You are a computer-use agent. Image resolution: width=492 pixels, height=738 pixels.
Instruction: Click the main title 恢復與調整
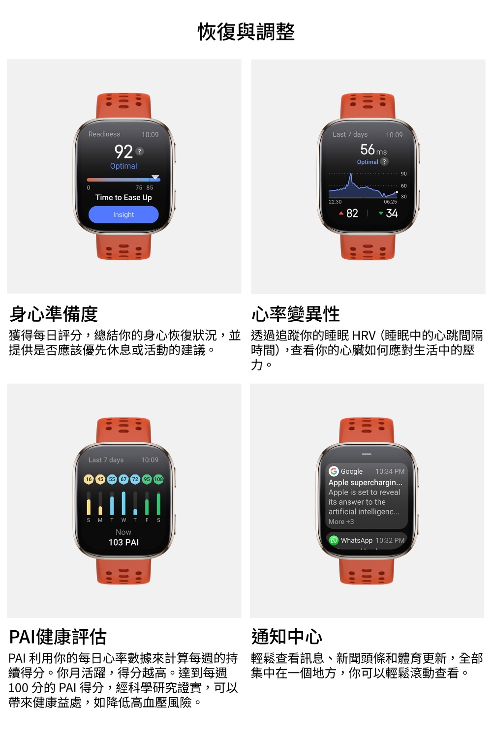pyautogui.click(x=246, y=32)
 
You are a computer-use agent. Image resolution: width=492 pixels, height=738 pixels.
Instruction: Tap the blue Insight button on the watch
pyautogui.click(x=123, y=215)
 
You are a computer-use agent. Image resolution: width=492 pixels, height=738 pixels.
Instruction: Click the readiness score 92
pyautogui.click(x=123, y=152)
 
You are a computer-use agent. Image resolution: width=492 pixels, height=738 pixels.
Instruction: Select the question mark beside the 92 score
pyautogui.click(x=140, y=152)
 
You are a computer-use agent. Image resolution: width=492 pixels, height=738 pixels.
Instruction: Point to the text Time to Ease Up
pyautogui.click(x=123, y=197)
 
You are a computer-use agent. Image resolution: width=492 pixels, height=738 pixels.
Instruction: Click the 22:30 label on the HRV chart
pyautogui.click(x=335, y=202)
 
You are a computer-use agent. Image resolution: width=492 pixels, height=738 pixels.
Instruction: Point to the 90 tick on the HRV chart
pyautogui.click(x=403, y=174)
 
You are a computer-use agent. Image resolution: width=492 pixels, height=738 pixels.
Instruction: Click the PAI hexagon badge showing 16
pyautogui.click(x=89, y=479)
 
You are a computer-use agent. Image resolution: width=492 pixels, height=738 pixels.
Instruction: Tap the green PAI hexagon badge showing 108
pyautogui.click(x=158, y=479)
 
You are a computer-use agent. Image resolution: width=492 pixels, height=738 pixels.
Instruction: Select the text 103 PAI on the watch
pyautogui.click(x=123, y=542)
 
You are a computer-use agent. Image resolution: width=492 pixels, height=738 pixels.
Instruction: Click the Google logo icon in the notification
pyautogui.click(x=334, y=471)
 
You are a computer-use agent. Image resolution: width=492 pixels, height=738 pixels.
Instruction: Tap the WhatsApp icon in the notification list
pyautogui.click(x=334, y=540)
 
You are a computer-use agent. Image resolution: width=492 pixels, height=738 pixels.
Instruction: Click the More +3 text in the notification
pyautogui.click(x=341, y=522)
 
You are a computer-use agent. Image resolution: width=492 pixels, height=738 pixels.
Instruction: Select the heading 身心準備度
pyautogui.click(x=54, y=314)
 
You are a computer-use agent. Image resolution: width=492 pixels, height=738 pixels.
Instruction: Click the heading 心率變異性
pyautogui.click(x=295, y=314)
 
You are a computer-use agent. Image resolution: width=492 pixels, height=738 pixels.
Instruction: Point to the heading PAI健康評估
pyautogui.click(x=58, y=637)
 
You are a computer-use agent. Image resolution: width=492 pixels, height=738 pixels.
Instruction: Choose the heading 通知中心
pyautogui.click(x=286, y=637)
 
